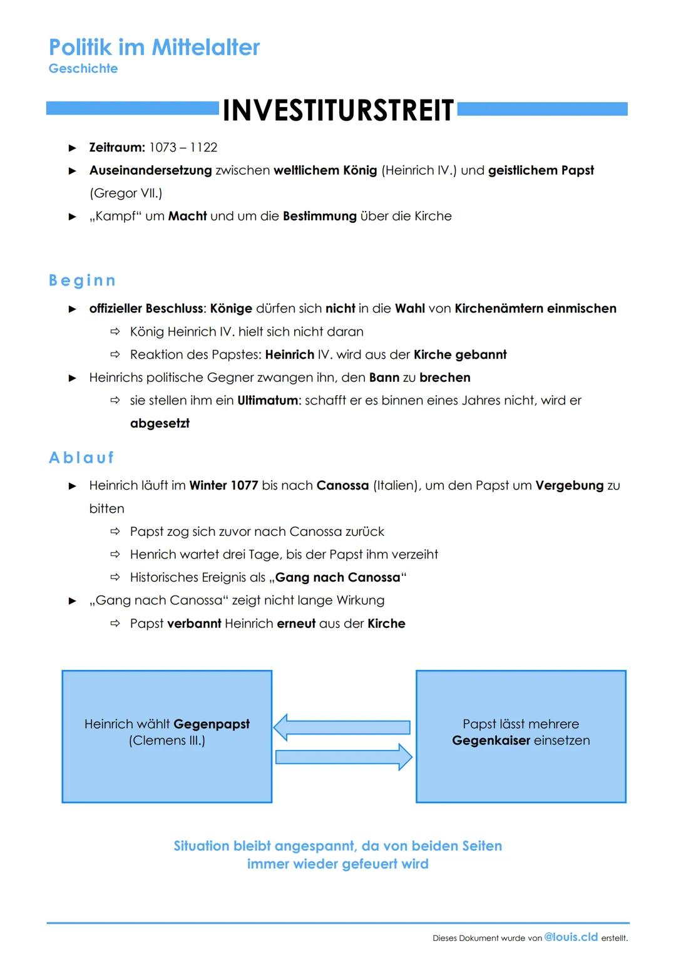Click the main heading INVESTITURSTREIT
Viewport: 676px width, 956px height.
coord(338,111)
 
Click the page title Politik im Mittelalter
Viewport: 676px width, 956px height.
coord(154,47)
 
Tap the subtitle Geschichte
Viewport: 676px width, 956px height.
coord(83,68)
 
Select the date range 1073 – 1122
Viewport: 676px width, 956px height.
coord(183,148)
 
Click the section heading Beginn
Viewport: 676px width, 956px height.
coord(82,280)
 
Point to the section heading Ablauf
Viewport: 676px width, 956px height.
coord(81,458)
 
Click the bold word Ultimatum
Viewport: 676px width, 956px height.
coord(267,401)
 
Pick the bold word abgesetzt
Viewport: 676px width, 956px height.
coord(160,424)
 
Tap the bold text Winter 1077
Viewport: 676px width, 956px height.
coord(223,486)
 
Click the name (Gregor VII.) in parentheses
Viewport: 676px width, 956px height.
coord(126,193)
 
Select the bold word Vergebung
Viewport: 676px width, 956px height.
coord(569,486)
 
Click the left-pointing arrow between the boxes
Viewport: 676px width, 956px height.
coord(342,727)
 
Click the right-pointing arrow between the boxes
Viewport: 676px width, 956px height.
coord(344,758)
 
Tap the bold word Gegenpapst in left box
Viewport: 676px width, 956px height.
coord(211,724)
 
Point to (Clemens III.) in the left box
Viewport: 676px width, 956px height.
coord(167,741)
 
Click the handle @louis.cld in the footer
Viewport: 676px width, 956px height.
coord(571,937)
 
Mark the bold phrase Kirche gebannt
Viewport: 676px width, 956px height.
coord(460,355)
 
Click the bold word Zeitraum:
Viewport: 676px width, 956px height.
coord(117,148)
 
